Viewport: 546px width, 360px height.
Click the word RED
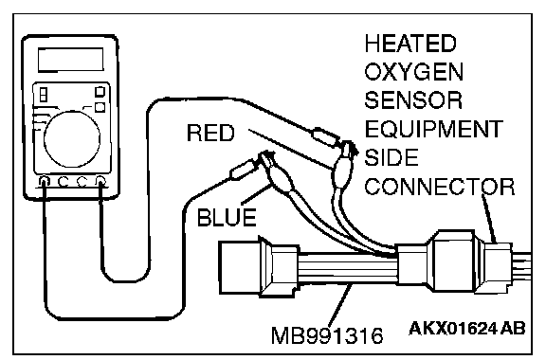pos(210,133)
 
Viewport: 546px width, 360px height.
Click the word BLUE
pos(227,218)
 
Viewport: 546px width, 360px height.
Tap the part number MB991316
pos(327,335)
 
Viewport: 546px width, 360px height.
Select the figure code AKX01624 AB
pos(467,328)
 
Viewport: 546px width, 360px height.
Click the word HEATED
pos(410,44)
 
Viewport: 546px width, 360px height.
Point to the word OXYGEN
pos(413,72)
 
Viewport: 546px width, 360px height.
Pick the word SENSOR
pos(413,99)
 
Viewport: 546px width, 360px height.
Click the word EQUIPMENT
pos(433,129)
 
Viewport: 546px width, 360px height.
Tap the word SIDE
pos(391,157)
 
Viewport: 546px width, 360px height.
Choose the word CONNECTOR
pos(440,187)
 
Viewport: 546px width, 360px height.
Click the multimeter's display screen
pos(71,60)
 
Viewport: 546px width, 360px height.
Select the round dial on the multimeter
pos(72,139)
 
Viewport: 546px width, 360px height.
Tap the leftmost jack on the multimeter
pos(45,181)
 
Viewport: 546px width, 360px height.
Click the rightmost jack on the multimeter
pos(100,181)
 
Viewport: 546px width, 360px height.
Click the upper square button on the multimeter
pos(100,92)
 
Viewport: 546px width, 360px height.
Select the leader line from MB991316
pos(339,305)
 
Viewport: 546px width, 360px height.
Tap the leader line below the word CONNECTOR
pos(489,218)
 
